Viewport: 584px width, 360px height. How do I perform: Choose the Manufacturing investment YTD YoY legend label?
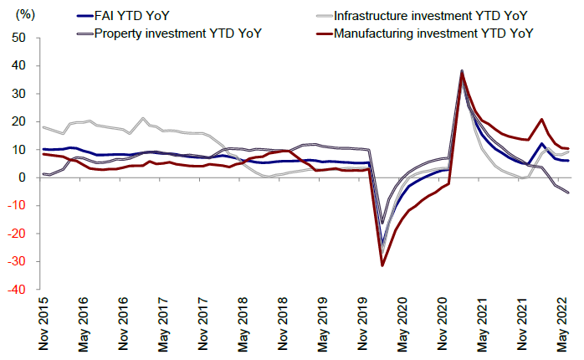click(433, 33)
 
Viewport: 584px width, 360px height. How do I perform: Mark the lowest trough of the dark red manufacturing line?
click(382, 265)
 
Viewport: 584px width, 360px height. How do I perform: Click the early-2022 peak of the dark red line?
click(542, 119)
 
